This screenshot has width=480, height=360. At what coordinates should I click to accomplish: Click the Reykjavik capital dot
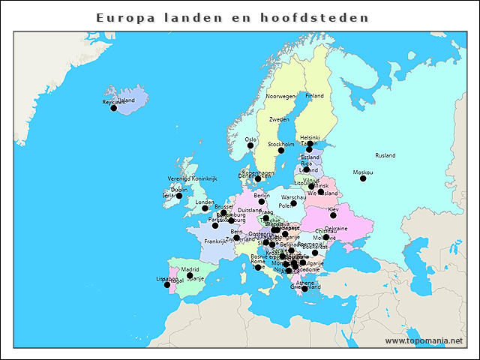click(114, 108)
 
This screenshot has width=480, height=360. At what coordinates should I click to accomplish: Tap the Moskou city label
click(362, 172)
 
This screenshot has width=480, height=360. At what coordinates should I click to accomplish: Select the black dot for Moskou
click(363, 178)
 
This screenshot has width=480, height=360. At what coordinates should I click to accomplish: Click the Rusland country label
click(385, 155)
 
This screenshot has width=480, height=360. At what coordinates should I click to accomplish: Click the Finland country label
click(314, 96)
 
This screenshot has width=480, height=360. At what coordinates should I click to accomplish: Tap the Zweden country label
click(279, 119)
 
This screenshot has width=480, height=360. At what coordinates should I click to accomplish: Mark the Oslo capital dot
click(250, 145)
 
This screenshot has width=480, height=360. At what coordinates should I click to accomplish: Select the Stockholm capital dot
click(281, 151)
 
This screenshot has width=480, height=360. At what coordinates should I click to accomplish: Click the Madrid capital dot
click(190, 275)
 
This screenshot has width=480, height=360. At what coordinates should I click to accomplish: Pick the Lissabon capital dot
click(167, 285)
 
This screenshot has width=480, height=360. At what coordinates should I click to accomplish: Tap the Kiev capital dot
click(333, 215)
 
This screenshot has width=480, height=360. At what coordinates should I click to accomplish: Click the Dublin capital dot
click(179, 196)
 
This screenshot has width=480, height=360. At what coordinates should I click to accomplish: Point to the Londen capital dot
click(205, 208)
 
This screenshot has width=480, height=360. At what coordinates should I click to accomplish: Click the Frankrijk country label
click(214, 241)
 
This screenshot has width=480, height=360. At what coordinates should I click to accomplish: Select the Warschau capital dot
click(293, 203)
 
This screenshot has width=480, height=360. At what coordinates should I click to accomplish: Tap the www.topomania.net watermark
click(424, 340)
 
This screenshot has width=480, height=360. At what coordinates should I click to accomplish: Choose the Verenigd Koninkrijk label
click(192, 178)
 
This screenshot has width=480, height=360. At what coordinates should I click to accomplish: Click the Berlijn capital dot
click(262, 202)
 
